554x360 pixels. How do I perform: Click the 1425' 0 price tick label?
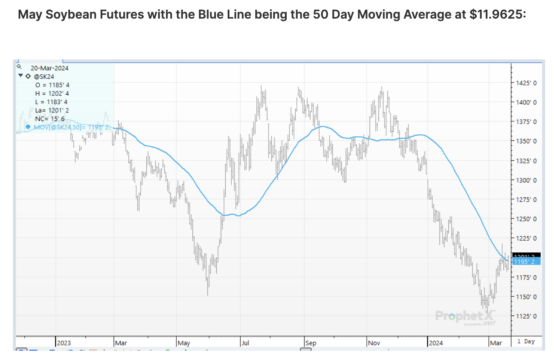(526, 83)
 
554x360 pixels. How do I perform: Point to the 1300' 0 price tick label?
(526, 180)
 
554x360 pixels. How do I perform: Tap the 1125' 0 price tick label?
(526, 316)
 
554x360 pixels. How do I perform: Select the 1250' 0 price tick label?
(526, 219)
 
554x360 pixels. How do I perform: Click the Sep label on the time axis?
(311, 343)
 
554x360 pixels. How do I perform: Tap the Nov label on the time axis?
(374, 343)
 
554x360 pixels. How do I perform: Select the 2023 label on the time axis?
(64, 343)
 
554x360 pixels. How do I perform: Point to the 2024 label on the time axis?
(436, 343)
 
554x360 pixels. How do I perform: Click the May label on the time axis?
(184, 343)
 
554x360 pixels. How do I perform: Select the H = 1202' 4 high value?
(52, 93)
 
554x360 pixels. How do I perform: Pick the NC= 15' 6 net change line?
(50, 119)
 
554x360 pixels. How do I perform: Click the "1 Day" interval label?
(526, 341)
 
